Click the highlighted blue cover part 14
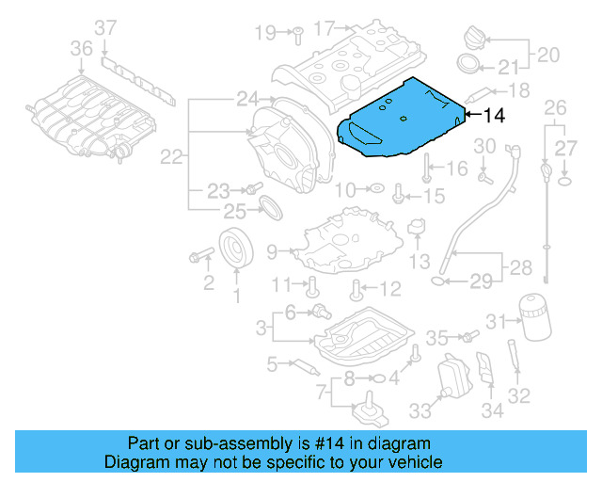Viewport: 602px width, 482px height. click(400, 118)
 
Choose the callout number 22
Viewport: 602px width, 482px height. click(170, 158)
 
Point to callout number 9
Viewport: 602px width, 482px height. click(272, 251)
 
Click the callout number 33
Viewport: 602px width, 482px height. click(419, 410)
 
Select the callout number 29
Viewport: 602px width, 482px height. click(481, 281)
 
